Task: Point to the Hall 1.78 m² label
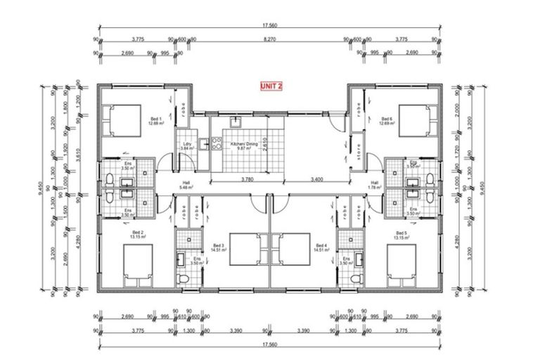pos(375,184)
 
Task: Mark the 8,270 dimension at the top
pos(270,40)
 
